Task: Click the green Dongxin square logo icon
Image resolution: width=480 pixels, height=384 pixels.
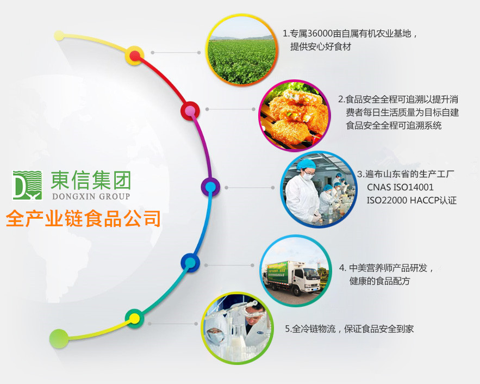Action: coord(27,185)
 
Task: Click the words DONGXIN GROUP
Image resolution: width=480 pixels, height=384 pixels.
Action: coord(91,196)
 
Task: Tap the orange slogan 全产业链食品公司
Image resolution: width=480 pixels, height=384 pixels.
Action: coord(83,218)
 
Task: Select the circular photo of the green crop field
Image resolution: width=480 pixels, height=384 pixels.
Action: coord(242,50)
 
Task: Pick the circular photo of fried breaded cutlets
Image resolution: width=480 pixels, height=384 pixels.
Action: coord(295,116)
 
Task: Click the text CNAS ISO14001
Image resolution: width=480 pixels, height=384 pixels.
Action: coord(400,187)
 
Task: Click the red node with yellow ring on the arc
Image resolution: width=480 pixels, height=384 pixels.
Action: coord(135,55)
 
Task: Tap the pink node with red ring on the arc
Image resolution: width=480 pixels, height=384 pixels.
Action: coord(190,110)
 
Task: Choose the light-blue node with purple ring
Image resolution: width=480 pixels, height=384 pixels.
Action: coord(210,187)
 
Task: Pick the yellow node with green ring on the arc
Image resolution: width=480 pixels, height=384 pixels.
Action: coord(134,319)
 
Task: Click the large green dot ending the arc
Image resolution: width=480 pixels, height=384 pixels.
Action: coord(59,338)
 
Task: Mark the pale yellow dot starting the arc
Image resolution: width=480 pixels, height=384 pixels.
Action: coord(59,35)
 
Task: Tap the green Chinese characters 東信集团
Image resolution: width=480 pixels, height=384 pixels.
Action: coord(91,180)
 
